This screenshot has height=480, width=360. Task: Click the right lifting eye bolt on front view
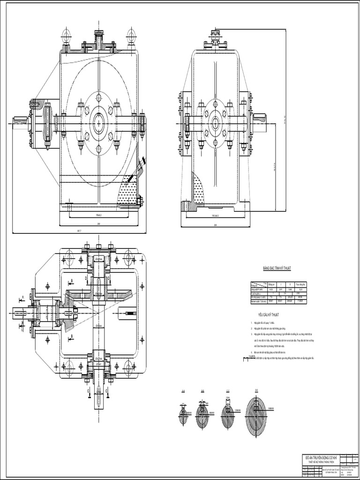click(x=131, y=35)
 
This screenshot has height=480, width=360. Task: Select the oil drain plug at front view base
click(x=139, y=201)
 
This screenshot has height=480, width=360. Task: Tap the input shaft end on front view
click(x=20, y=123)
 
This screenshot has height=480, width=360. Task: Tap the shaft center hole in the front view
click(x=99, y=123)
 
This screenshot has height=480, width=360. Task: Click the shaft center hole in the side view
click(x=216, y=123)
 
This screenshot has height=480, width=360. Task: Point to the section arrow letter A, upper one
click(x=22, y=297)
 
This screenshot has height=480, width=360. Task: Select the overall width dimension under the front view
click(x=79, y=231)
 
